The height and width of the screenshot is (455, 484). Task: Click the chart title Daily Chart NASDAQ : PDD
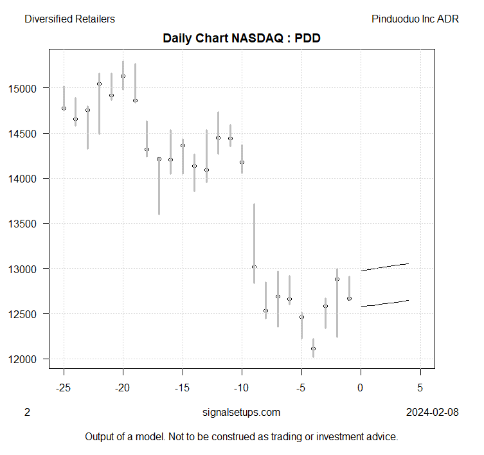[x=242, y=38]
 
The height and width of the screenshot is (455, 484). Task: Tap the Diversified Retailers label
[x=69, y=19]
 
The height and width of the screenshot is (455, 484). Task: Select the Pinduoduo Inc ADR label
[x=415, y=19]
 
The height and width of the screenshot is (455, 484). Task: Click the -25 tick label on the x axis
[x=64, y=388]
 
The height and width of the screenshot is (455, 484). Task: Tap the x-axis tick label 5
[x=420, y=388]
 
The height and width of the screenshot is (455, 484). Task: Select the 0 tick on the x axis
[x=361, y=388]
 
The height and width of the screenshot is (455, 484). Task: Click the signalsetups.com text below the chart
[x=241, y=412]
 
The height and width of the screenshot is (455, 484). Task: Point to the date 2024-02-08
[x=433, y=412]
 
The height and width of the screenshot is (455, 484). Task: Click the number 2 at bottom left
[x=27, y=412]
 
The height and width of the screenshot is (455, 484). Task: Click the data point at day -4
[x=313, y=348]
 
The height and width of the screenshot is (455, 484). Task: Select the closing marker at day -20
[x=123, y=76]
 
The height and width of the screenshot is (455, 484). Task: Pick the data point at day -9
[x=254, y=267]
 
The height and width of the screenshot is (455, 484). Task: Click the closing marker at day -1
[x=349, y=298]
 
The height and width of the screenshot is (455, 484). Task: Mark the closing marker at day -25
[x=64, y=108]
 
